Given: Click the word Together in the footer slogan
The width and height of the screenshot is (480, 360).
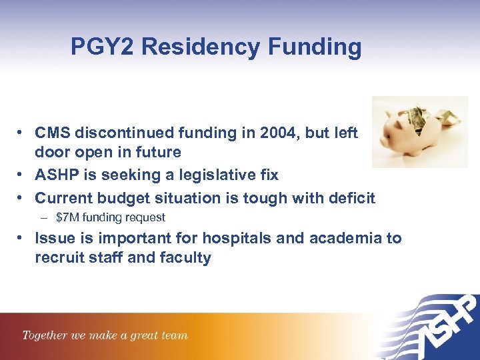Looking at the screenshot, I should click(44, 335).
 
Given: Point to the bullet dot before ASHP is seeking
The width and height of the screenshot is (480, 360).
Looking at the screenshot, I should click(23, 175).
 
